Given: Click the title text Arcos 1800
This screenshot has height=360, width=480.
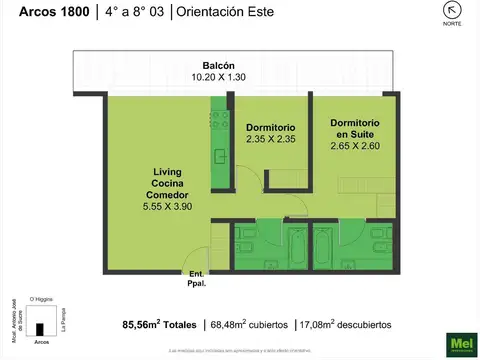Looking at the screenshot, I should pyautogui.click(x=34, y=13).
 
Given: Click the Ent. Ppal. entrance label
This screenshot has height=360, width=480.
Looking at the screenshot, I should pyautogui.click(x=196, y=279).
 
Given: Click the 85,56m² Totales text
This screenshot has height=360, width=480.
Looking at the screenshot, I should pyautogui.click(x=161, y=325).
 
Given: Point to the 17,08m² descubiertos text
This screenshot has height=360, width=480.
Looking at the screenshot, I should pyautogui.click(x=346, y=325).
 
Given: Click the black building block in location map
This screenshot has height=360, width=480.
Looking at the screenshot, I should pyautogui.click(x=41, y=328).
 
